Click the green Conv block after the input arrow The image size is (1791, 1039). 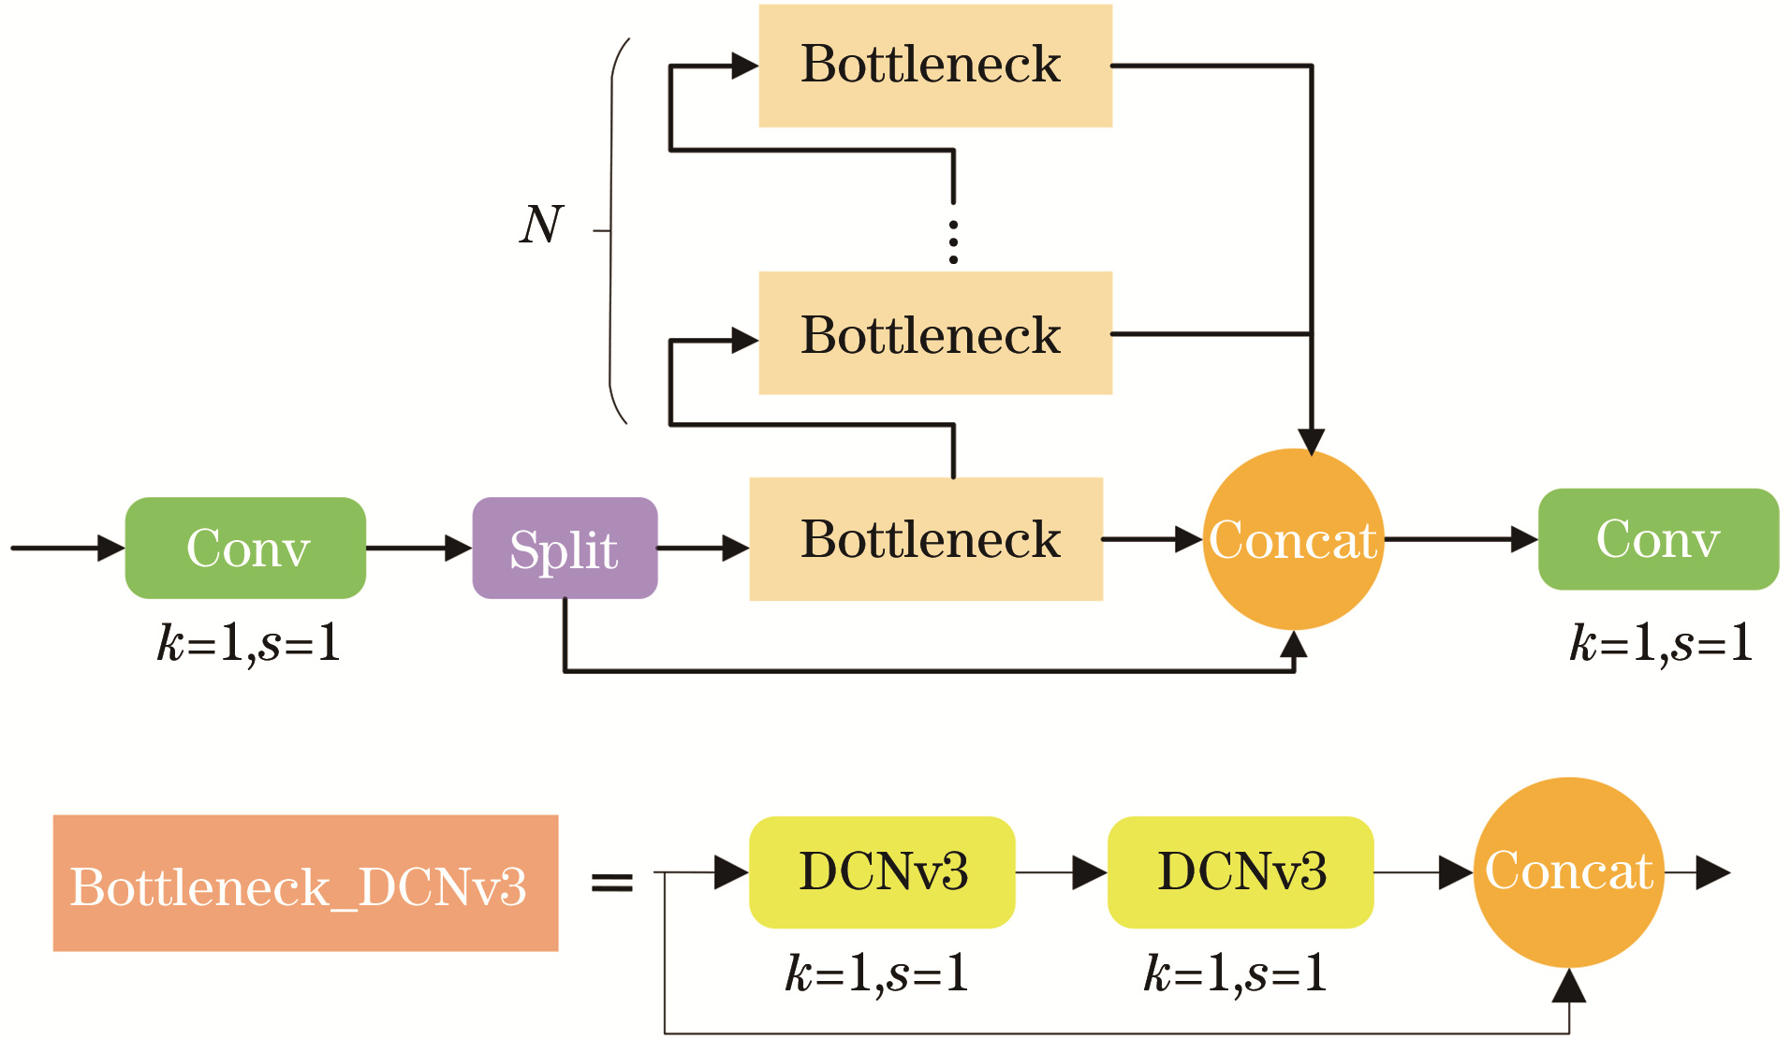[x=245, y=548]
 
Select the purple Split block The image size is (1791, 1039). [x=565, y=548]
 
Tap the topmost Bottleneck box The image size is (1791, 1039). [x=934, y=66]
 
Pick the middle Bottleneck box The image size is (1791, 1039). [x=934, y=333]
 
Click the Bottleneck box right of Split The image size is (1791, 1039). [x=926, y=539]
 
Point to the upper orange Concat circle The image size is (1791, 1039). [x=1293, y=539]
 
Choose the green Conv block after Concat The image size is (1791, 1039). [x=1658, y=539]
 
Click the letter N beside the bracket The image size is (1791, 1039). [x=541, y=225]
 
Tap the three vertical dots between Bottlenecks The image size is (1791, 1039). [x=953, y=242]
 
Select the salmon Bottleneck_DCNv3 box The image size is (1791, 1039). [x=305, y=884]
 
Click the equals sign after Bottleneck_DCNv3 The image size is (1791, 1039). [x=612, y=882]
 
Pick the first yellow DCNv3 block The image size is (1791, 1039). [x=882, y=872]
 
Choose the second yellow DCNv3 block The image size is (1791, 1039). [x=1240, y=872]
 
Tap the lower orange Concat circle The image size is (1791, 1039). [x=1568, y=872]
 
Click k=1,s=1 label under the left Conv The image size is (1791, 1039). [x=248, y=644]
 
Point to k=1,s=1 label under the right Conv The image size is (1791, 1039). [x=1661, y=644]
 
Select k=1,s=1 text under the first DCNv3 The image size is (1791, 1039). [x=876, y=973]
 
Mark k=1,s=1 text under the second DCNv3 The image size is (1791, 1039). [x=1235, y=973]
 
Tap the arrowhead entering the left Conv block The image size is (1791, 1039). [x=110, y=548]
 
